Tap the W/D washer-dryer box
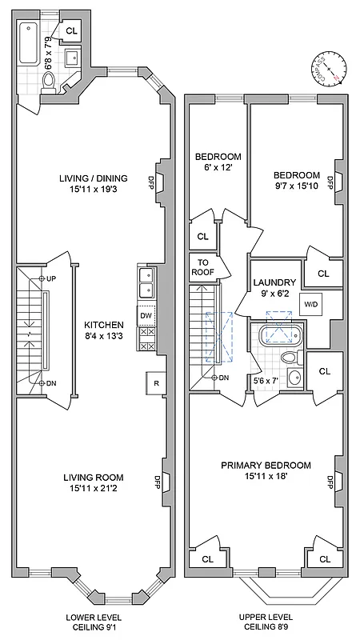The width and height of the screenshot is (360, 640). (x=310, y=304)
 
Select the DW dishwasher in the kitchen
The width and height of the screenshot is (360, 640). (x=146, y=315)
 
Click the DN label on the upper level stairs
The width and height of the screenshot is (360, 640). (x=223, y=378)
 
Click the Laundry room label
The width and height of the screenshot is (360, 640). (x=274, y=282)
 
